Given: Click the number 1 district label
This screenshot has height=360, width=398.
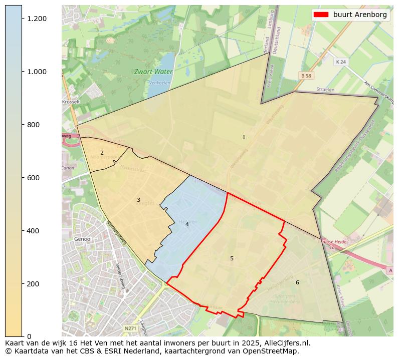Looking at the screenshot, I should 244,137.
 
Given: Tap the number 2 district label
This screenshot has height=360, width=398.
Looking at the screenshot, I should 102,153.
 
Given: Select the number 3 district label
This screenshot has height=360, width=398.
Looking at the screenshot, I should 138,200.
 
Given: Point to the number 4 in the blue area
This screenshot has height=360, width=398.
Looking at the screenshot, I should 187,224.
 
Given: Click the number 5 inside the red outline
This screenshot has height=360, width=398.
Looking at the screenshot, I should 232,258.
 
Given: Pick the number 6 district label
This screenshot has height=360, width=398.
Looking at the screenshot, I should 297,282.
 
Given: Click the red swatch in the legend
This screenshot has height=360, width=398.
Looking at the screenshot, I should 321,15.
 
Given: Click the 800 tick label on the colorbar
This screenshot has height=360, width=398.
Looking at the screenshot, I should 34,125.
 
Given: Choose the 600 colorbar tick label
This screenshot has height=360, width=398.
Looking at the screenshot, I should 34,178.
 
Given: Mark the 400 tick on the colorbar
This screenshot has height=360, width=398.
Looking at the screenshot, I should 34,231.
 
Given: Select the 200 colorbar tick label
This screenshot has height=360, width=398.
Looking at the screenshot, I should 34,284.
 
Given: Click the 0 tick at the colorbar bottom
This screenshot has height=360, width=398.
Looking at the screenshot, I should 29,336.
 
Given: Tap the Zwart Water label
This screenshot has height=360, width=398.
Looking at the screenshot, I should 153,72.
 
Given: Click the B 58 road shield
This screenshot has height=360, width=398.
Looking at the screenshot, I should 306,75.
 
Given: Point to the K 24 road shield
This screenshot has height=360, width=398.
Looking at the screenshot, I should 341,62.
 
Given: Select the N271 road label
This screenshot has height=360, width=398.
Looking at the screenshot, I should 130,328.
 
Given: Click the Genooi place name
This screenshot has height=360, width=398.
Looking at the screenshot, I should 83,239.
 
